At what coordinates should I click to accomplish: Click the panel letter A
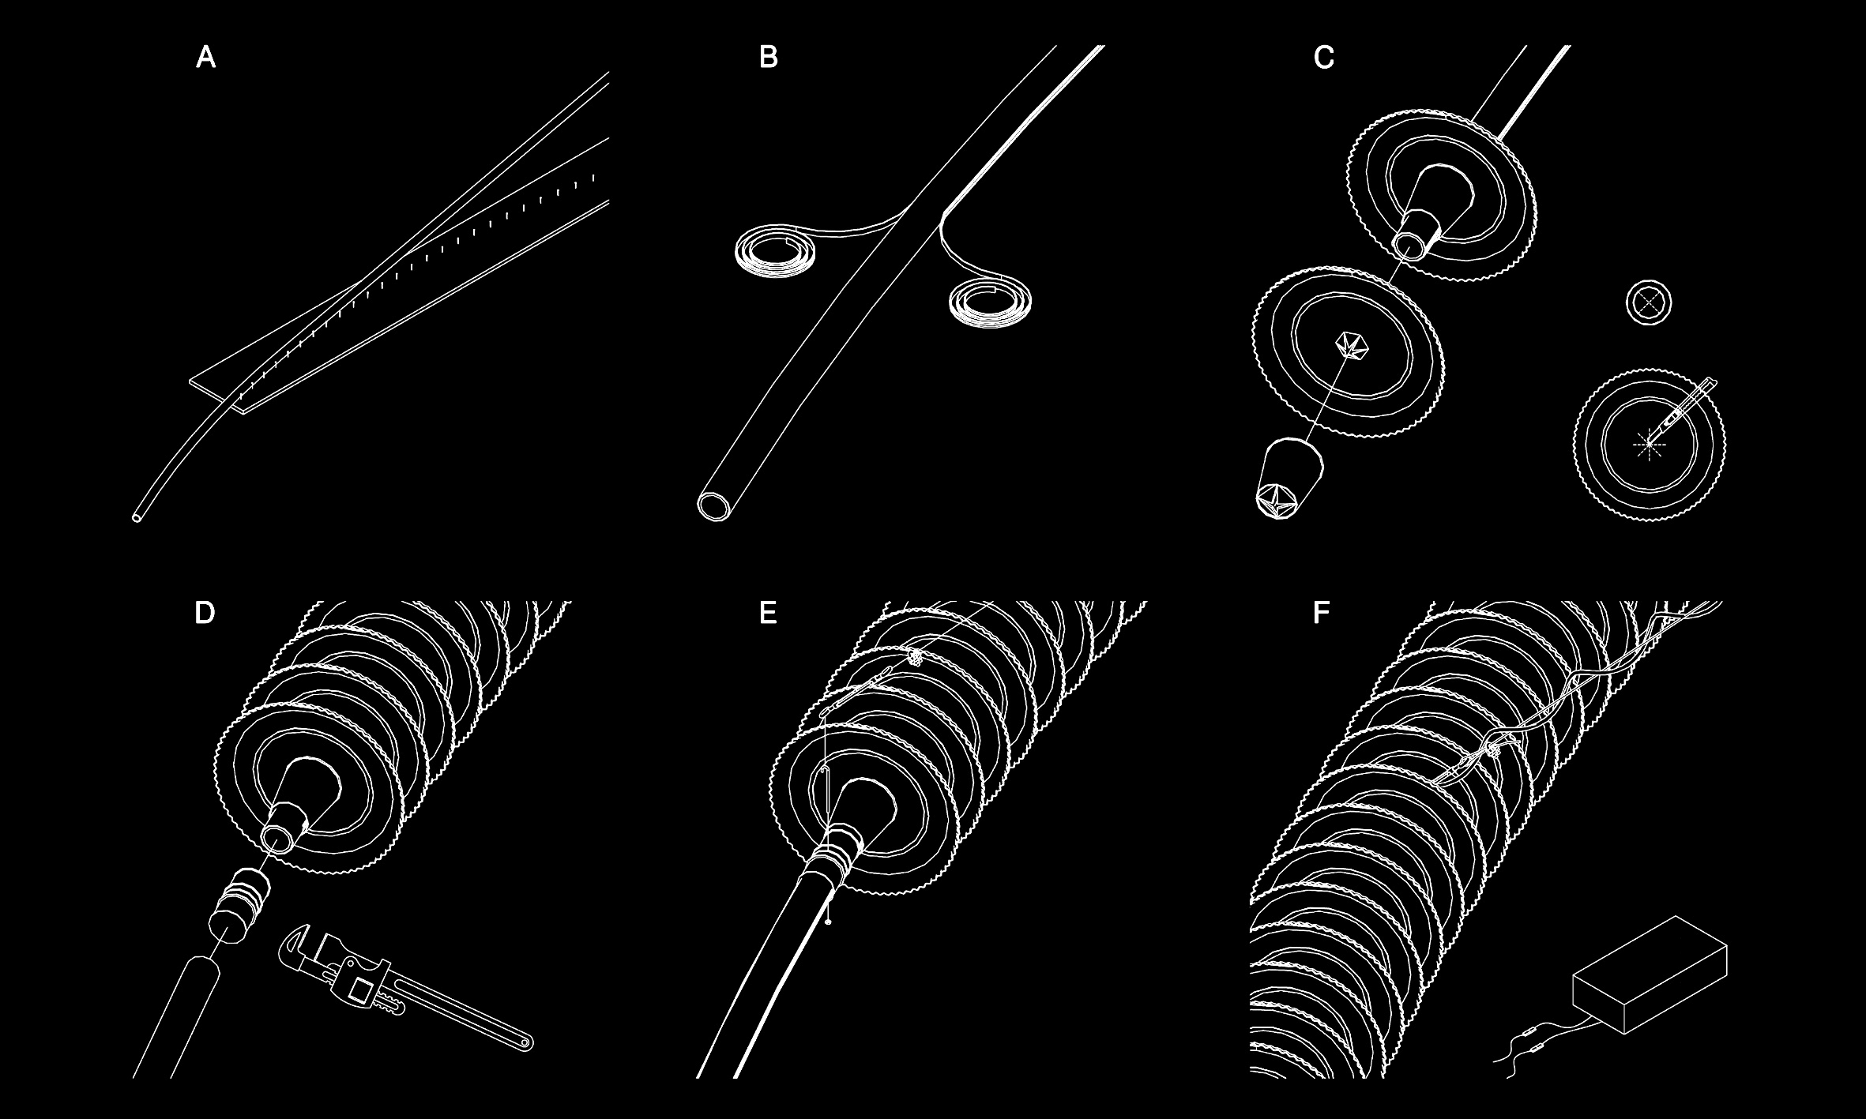[x=205, y=58]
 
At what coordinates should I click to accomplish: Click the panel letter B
[x=768, y=58]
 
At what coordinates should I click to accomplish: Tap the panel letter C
[x=1324, y=58]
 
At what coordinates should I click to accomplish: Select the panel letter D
[x=205, y=614]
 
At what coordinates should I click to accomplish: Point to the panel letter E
[x=768, y=614]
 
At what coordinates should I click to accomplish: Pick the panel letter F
[x=1321, y=614]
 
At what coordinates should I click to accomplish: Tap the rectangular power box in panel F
[x=1650, y=974]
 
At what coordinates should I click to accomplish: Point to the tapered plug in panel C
[x=1289, y=479]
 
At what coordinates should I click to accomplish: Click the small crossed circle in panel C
[x=1649, y=302]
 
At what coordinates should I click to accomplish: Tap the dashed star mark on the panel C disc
[x=1648, y=445]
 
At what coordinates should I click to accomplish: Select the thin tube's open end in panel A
[x=137, y=518]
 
